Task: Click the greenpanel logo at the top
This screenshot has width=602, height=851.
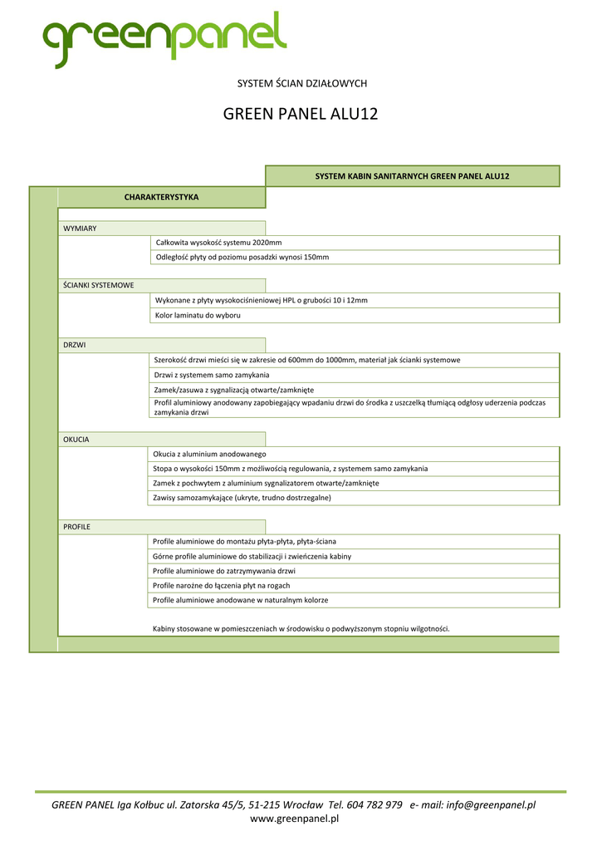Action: click(164, 38)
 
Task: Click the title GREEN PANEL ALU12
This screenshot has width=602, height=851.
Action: click(301, 114)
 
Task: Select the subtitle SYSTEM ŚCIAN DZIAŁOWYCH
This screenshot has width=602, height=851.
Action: click(301, 83)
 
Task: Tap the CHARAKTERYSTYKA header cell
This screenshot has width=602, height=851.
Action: click(161, 197)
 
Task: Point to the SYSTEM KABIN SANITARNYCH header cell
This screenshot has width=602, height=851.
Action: click(412, 176)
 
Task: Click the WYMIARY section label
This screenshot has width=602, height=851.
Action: click(80, 229)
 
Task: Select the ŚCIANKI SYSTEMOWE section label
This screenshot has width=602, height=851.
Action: click(99, 285)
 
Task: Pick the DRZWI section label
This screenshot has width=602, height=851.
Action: click(75, 344)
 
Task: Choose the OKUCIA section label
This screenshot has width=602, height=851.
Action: click(76, 439)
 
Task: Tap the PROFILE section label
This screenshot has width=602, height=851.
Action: click(77, 527)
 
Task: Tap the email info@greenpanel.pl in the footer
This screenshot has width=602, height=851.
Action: click(491, 804)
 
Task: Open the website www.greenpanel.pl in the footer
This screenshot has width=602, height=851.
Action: click(295, 819)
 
